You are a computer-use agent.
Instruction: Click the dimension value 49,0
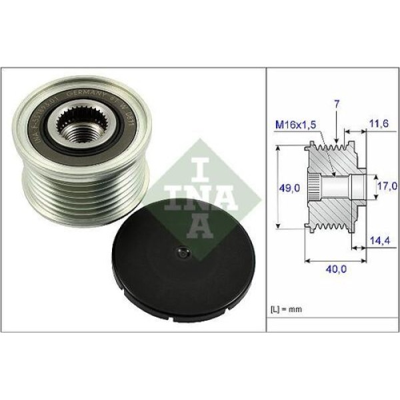pyautogui.click(x=289, y=189)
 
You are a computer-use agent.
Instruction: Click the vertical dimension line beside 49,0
pyautogui.click(x=276, y=189)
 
